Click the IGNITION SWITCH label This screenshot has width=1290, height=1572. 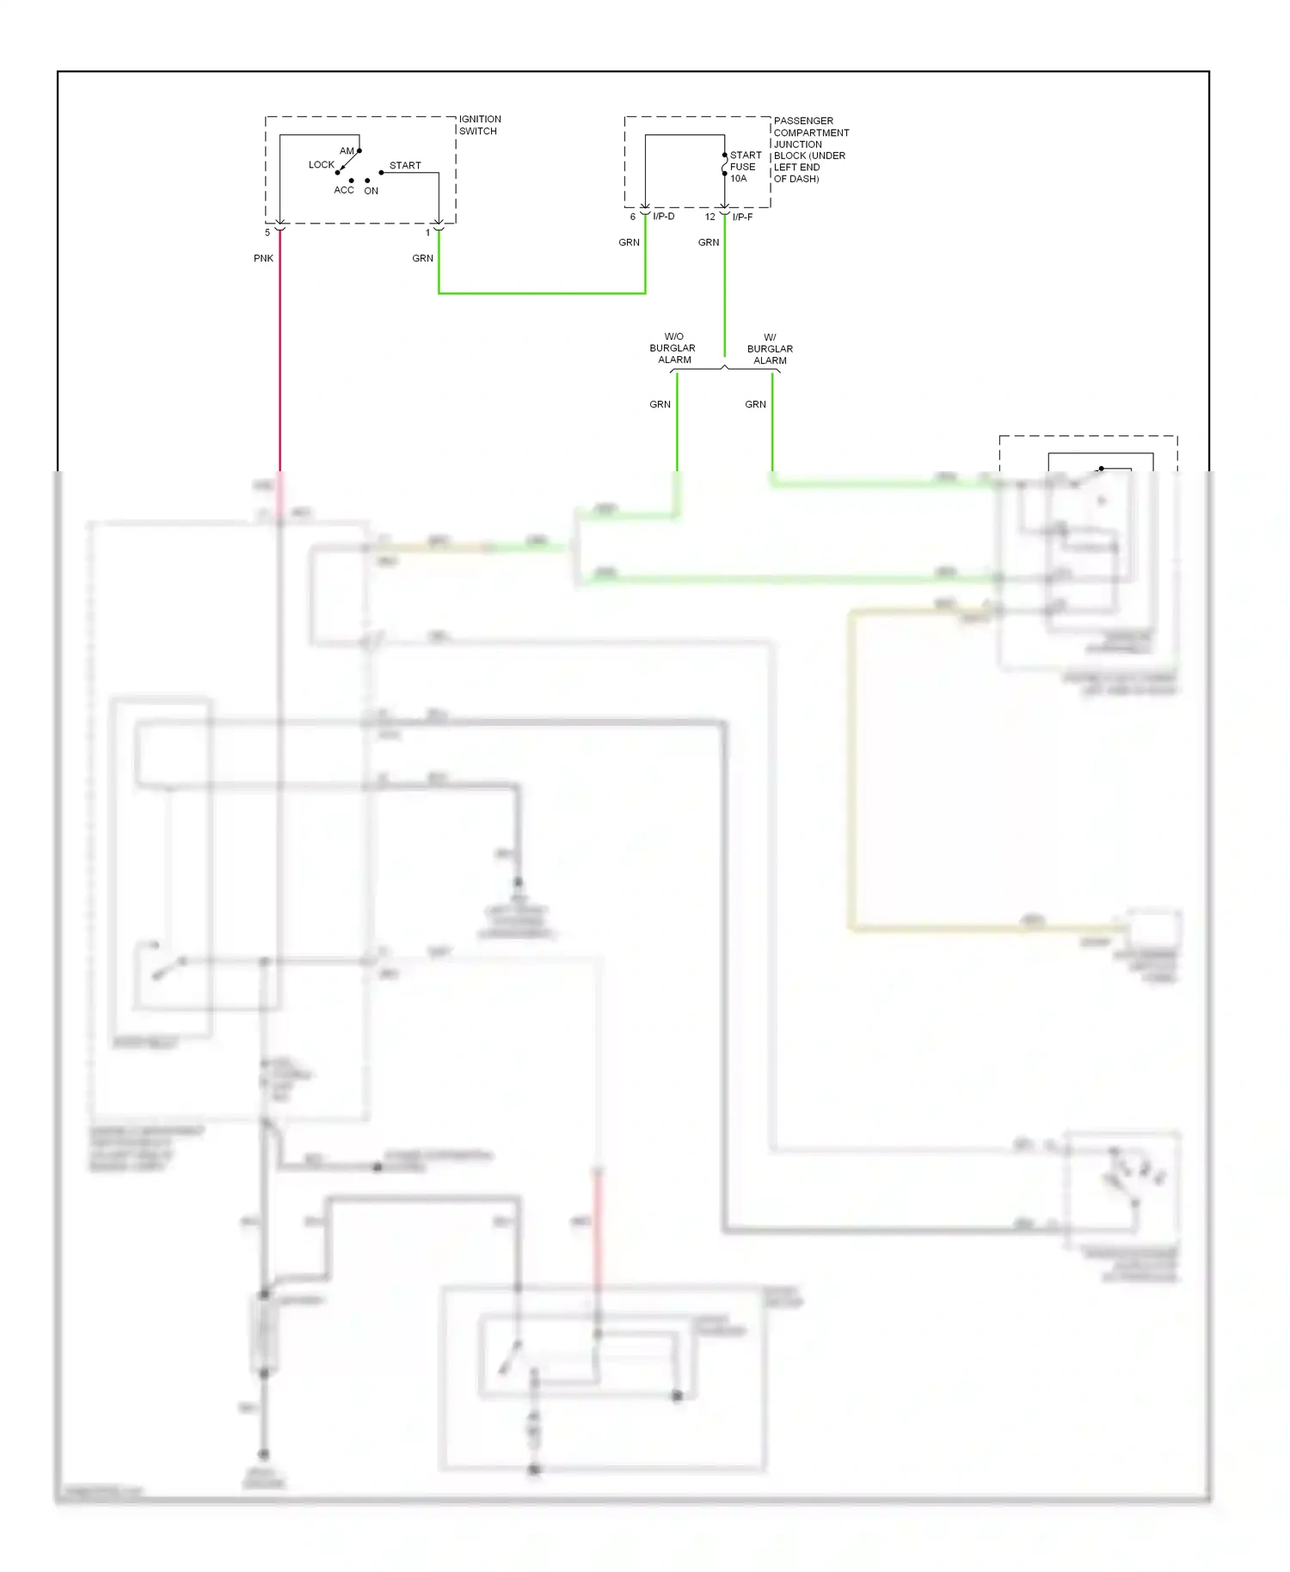[x=479, y=125]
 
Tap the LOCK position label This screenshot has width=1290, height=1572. [x=321, y=164]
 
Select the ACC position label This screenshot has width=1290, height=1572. [x=343, y=190]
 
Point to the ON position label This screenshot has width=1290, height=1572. [x=371, y=191]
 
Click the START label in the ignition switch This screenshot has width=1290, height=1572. [x=405, y=165]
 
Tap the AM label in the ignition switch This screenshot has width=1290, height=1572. [x=347, y=150]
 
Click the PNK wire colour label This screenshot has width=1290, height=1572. [x=263, y=258]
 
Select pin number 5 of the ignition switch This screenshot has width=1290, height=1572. [x=267, y=232]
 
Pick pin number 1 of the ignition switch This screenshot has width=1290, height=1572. [x=427, y=232]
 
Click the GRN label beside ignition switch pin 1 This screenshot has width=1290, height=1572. [x=422, y=258]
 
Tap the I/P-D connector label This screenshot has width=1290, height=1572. [x=663, y=216]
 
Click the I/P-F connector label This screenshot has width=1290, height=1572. [x=742, y=217]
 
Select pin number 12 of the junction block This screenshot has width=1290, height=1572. [x=709, y=217]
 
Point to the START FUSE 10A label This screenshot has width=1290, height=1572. [x=745, y=167]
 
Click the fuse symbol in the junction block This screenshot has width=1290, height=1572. [x=724, y=164]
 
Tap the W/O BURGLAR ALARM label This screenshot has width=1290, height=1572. [x=673, y=348]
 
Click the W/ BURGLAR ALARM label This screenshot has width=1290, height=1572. [x=770, y=349]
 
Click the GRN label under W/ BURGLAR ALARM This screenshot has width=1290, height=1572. [x=755, y=404]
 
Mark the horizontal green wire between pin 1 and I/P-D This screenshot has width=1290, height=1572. [x=542, y=293]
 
